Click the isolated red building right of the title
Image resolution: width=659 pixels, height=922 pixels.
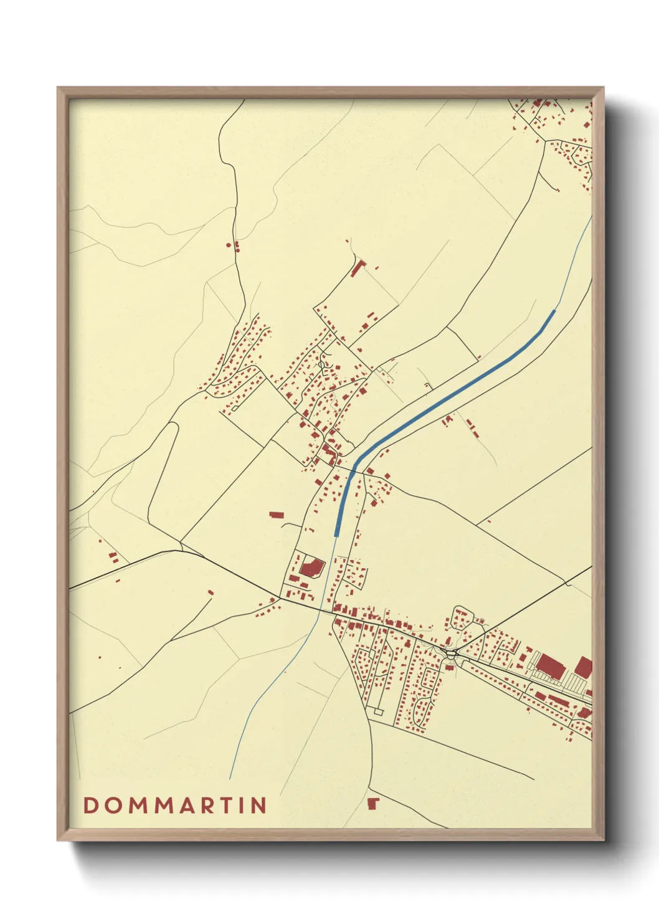(x=373, y=803)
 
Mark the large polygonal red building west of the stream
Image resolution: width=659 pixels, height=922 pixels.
(x=311, y=568)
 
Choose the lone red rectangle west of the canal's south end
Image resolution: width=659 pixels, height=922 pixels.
(x=276, y=515)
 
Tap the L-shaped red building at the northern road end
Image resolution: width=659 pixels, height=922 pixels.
(x=357, y=269)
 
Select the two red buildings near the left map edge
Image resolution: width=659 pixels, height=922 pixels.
(x=113, y=557)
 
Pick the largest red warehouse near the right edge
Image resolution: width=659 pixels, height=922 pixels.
(x=551, y=665)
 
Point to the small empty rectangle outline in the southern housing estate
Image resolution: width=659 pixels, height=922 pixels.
(x=378, y=711)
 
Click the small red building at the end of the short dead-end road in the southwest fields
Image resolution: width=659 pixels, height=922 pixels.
(x=211, y=592)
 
